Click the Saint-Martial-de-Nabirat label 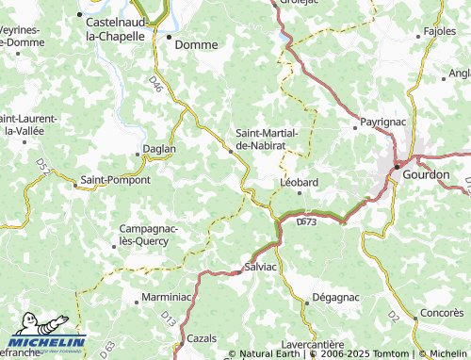268,139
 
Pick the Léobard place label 300,182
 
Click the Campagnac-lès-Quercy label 144,235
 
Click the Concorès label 442,311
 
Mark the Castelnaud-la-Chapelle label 115,28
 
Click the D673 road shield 306,222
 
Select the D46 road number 156,86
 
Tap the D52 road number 42,166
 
